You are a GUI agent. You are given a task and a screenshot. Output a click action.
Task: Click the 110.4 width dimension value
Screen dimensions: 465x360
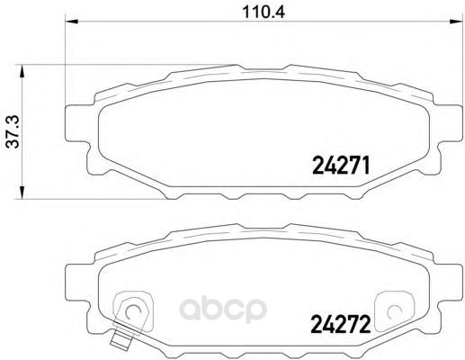[264, 12]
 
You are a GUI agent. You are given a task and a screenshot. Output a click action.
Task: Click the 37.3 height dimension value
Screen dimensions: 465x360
[13, 131]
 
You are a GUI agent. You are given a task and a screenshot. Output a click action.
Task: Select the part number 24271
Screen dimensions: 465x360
[341, 166]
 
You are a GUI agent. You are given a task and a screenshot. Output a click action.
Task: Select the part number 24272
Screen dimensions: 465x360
[341, 324]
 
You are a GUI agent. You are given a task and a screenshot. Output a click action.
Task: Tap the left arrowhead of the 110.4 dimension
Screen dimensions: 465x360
[71, 22]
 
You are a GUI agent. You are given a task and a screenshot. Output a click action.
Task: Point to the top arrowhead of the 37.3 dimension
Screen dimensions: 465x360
[22, 71]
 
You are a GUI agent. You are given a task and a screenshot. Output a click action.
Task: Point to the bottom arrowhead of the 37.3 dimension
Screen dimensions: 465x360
[22, 193]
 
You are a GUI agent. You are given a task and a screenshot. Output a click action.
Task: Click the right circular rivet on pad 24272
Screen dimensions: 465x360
[393, 312]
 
